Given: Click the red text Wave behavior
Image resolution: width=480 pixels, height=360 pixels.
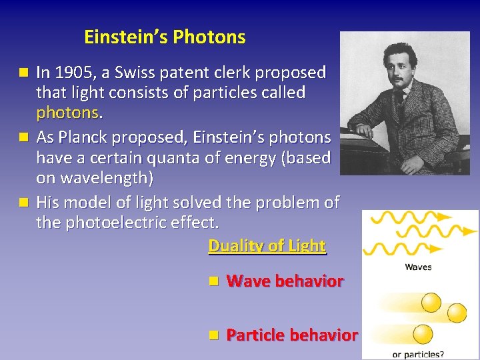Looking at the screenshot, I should point(285,281).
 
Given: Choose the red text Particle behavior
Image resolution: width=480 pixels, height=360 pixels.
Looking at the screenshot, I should point(292,335).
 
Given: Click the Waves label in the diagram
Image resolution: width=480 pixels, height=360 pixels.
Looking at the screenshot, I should point(418,267).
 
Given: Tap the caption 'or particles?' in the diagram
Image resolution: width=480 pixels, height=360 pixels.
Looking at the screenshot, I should point(418,354).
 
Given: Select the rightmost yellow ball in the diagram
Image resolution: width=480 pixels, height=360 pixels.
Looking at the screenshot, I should point(457,313).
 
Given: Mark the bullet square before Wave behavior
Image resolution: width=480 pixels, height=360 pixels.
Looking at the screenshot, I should point(212,281).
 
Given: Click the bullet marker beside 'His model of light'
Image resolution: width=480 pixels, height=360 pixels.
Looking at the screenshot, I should point(25,201).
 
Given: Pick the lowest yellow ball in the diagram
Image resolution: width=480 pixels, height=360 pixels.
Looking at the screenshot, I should point(423,333).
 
